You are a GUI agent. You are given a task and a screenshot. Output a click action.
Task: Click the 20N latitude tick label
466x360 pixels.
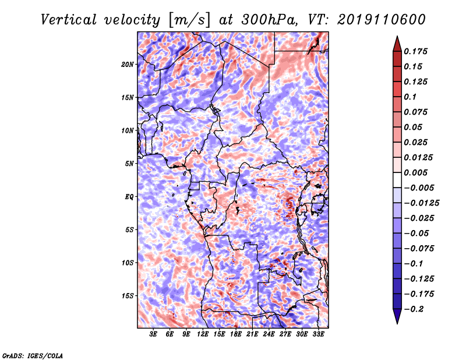click(127, 64)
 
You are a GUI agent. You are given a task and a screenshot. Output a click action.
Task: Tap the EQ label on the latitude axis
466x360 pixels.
click(129, 197)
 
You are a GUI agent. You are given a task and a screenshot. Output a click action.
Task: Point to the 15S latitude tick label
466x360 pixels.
click(128, 296)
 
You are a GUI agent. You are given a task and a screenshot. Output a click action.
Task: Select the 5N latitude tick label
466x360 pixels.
click(129, 164)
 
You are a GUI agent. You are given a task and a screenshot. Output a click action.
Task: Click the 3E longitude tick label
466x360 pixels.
click(153, 334)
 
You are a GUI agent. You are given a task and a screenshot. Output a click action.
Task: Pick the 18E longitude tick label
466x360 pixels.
click(236, 334)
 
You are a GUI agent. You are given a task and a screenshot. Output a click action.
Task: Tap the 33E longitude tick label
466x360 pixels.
click(318, 334)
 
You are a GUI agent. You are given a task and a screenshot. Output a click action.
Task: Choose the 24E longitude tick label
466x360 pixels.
click(269, 334)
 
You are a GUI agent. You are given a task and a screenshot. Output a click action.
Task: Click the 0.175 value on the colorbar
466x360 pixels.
click(415, 51)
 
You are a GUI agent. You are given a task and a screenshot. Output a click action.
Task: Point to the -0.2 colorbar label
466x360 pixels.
click(414, 309)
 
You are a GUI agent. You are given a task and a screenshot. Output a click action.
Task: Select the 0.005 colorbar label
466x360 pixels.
click(415, 172)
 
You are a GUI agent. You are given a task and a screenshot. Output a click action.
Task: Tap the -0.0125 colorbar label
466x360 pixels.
click(421, 203)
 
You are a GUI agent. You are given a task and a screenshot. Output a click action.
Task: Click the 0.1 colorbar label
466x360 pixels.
click(410, 97)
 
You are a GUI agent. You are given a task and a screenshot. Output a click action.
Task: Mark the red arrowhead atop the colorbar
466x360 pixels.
click(397, 44)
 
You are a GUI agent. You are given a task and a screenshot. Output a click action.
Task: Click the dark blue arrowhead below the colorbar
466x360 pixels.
click(397, 316)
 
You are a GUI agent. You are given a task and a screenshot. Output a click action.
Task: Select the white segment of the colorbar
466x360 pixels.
click(397, 180)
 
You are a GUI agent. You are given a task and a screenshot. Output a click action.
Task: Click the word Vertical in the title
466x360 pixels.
click(69, 20)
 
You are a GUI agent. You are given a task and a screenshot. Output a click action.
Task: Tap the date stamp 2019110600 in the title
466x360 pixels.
click(382, 20)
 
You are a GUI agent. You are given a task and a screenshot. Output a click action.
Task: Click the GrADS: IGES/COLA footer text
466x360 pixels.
click(33, 355)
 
